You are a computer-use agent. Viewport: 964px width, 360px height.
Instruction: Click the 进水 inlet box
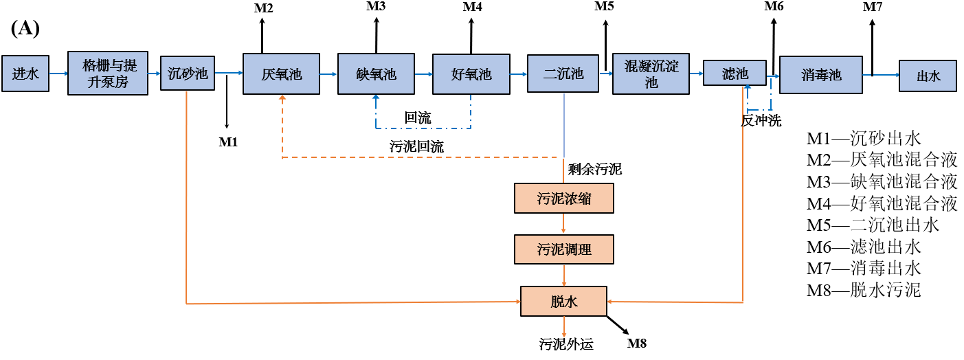(x=25, y=74)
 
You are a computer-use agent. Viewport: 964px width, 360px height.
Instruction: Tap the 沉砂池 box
(x=188, y=73)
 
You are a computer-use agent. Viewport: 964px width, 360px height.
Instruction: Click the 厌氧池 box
(x=282, y=74)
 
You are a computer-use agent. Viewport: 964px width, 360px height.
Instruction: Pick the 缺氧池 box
(x=377, y=74)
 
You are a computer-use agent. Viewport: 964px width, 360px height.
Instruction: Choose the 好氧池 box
(x=471, y=74)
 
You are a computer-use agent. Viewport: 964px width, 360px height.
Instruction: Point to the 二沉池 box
(x=563, y=73)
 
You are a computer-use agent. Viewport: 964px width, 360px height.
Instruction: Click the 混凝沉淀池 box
(x=651, y=74)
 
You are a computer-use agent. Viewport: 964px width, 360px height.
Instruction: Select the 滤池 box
(x=735, y=73)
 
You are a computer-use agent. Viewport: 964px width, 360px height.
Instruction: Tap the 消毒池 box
(x=820, y=74)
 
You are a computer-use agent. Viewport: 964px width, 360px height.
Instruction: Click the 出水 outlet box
(x=928, y=74)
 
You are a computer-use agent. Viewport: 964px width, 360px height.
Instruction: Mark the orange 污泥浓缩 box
(x=563, y=199)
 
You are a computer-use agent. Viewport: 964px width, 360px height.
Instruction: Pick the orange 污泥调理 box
(x=563, y=249)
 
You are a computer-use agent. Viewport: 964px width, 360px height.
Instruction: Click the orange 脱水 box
(x=563, y=301)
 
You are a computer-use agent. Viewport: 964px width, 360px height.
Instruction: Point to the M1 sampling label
(x=228, y=142)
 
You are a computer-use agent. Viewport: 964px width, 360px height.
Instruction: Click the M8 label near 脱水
(x=637, y=344)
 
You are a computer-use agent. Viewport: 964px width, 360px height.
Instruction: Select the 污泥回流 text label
(x=416, y=146)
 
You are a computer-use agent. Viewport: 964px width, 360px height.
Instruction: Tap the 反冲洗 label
(x=761, y=121)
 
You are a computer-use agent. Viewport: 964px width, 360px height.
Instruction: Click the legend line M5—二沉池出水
(x=873, y=225)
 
